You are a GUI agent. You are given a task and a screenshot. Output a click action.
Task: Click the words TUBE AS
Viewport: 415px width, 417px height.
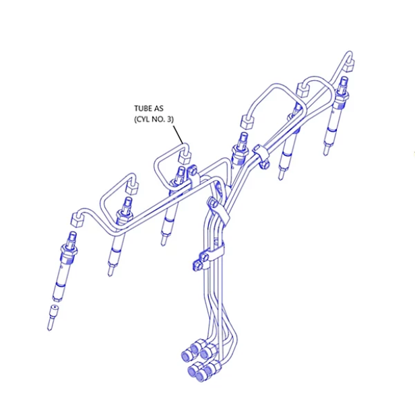pos(149,108)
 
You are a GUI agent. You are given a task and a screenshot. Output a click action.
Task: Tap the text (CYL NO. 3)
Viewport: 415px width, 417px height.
pos(154,120)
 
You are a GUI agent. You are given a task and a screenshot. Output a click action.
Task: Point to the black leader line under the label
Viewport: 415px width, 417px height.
pos(178,135)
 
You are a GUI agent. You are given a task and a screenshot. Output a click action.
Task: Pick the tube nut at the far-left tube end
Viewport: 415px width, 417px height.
pos(77,220)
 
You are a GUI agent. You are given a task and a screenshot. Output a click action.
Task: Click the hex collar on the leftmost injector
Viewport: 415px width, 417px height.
pos(69,250)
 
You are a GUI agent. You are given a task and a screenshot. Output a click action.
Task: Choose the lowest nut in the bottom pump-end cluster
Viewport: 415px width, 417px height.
pos(201,376)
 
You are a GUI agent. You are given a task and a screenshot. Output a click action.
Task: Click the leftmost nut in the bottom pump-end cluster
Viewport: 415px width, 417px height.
pos(187,356)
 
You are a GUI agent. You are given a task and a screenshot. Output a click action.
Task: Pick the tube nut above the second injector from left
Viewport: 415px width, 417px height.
pos(132,188)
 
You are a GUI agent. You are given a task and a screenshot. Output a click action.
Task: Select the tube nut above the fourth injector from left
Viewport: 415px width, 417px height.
pos(247,122)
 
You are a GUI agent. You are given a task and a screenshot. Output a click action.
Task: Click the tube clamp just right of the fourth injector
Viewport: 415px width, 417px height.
pos(261,155)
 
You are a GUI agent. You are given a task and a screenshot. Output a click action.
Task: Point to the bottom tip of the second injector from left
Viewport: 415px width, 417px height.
pos(110,272)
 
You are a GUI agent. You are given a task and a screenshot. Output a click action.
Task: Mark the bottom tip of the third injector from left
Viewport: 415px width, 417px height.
pos(163,242)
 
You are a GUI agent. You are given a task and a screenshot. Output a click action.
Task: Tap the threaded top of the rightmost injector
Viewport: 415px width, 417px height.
pos(344,83)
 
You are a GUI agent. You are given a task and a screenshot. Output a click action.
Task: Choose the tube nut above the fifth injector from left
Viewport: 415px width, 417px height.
pos(303,89)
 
